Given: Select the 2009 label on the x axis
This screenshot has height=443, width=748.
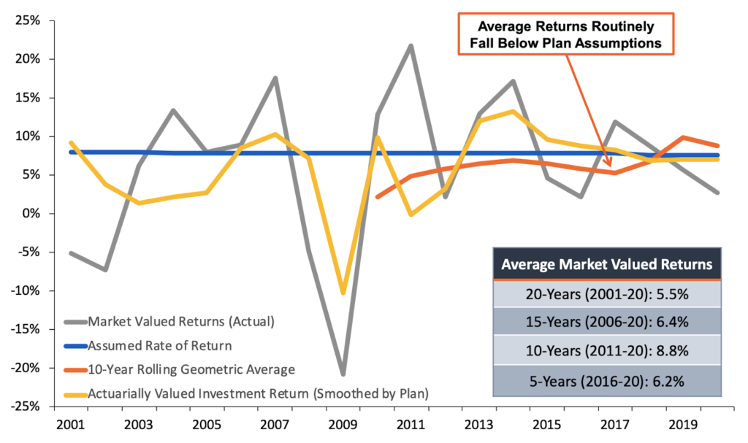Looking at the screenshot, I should point(342,424).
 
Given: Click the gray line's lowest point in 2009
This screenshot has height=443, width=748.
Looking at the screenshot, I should point(342,374).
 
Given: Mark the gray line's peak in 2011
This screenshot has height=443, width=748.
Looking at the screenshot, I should point(411,46).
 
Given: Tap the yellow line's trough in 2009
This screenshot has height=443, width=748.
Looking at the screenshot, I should point(343,293).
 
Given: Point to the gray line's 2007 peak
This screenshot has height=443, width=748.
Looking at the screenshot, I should point(275,78).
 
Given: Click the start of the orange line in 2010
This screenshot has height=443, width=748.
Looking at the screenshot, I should point(377,197).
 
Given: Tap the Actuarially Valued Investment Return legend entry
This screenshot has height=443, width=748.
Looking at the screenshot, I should point(256,393).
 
